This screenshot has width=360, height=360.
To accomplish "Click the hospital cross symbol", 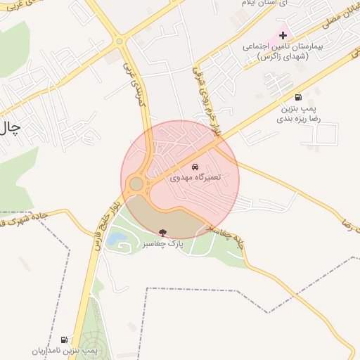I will pyautogui.click(x=283, y=35).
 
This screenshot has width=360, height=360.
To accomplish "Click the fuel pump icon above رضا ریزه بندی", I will pyautogui.click(x=299, y=98).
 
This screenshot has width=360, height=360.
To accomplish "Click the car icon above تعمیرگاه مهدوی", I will pyautogui.click(x=195, y=167).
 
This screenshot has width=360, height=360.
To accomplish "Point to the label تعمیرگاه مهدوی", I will pyautogui.click(x=195, y=177).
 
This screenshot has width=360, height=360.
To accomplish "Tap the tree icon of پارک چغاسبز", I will pyautogui.click(x=163, y=232).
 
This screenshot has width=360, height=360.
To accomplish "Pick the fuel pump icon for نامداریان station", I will pyautogui.click(x=65, y=340).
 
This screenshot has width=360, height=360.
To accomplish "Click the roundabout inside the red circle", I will pyautogui.click(x=136, y=184).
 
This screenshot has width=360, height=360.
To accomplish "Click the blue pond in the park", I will pyautogui.click(x=122, y=245).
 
